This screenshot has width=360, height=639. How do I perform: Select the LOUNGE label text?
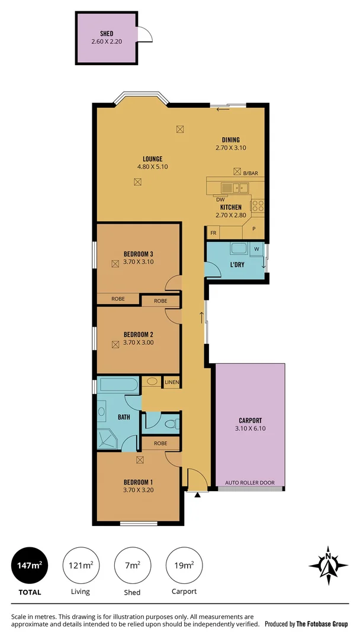tap(152, 159)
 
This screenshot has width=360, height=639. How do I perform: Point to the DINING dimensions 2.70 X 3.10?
tap(230, 147)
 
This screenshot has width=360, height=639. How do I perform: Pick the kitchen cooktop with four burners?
tap(258, 205)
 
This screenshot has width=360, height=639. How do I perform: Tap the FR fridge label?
tap(213, 233)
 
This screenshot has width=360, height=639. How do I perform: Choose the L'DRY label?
tap(238, 264)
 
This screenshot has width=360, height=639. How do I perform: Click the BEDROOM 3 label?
tap(139, 254)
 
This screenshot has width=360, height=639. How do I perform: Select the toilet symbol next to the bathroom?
tap(171, 424)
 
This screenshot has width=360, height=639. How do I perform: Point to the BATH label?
tap(124, 417)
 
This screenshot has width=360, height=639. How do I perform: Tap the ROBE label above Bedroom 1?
tap(160, 443)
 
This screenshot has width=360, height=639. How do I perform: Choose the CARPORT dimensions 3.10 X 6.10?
tap(250, 429)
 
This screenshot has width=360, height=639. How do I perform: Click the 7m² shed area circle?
tap(132, 566)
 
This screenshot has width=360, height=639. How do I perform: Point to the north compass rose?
tap(327, 561)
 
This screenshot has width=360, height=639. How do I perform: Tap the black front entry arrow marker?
tap(197, 495)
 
